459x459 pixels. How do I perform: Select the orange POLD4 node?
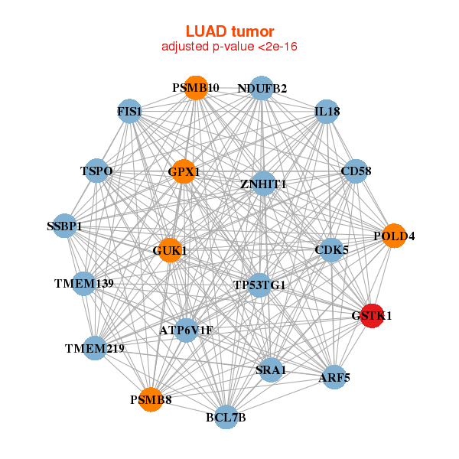pos(393,236)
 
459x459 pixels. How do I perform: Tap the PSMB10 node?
pos(196,88)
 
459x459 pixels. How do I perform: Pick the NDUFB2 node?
pos(262,89)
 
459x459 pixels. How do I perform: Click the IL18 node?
pos(327,112)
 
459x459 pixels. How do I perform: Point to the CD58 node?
pos(356,171)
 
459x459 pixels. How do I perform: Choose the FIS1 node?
pos(129,112)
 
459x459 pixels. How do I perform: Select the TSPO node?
pos(97,171)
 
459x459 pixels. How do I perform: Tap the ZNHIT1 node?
pos(262,184)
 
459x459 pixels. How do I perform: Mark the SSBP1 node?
pos(65,226)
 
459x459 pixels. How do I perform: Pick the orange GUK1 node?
pos(170,250)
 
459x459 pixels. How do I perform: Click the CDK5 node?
pos(331,249)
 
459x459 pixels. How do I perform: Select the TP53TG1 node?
pos(259,285)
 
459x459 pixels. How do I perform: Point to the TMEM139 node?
pos(83,284)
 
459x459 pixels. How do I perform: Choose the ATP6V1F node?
pos(186,330)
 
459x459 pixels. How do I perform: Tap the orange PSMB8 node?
pos(151,399)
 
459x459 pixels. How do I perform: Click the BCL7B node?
pos(226,417)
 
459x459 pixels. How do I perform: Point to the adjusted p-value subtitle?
pos(229,47)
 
